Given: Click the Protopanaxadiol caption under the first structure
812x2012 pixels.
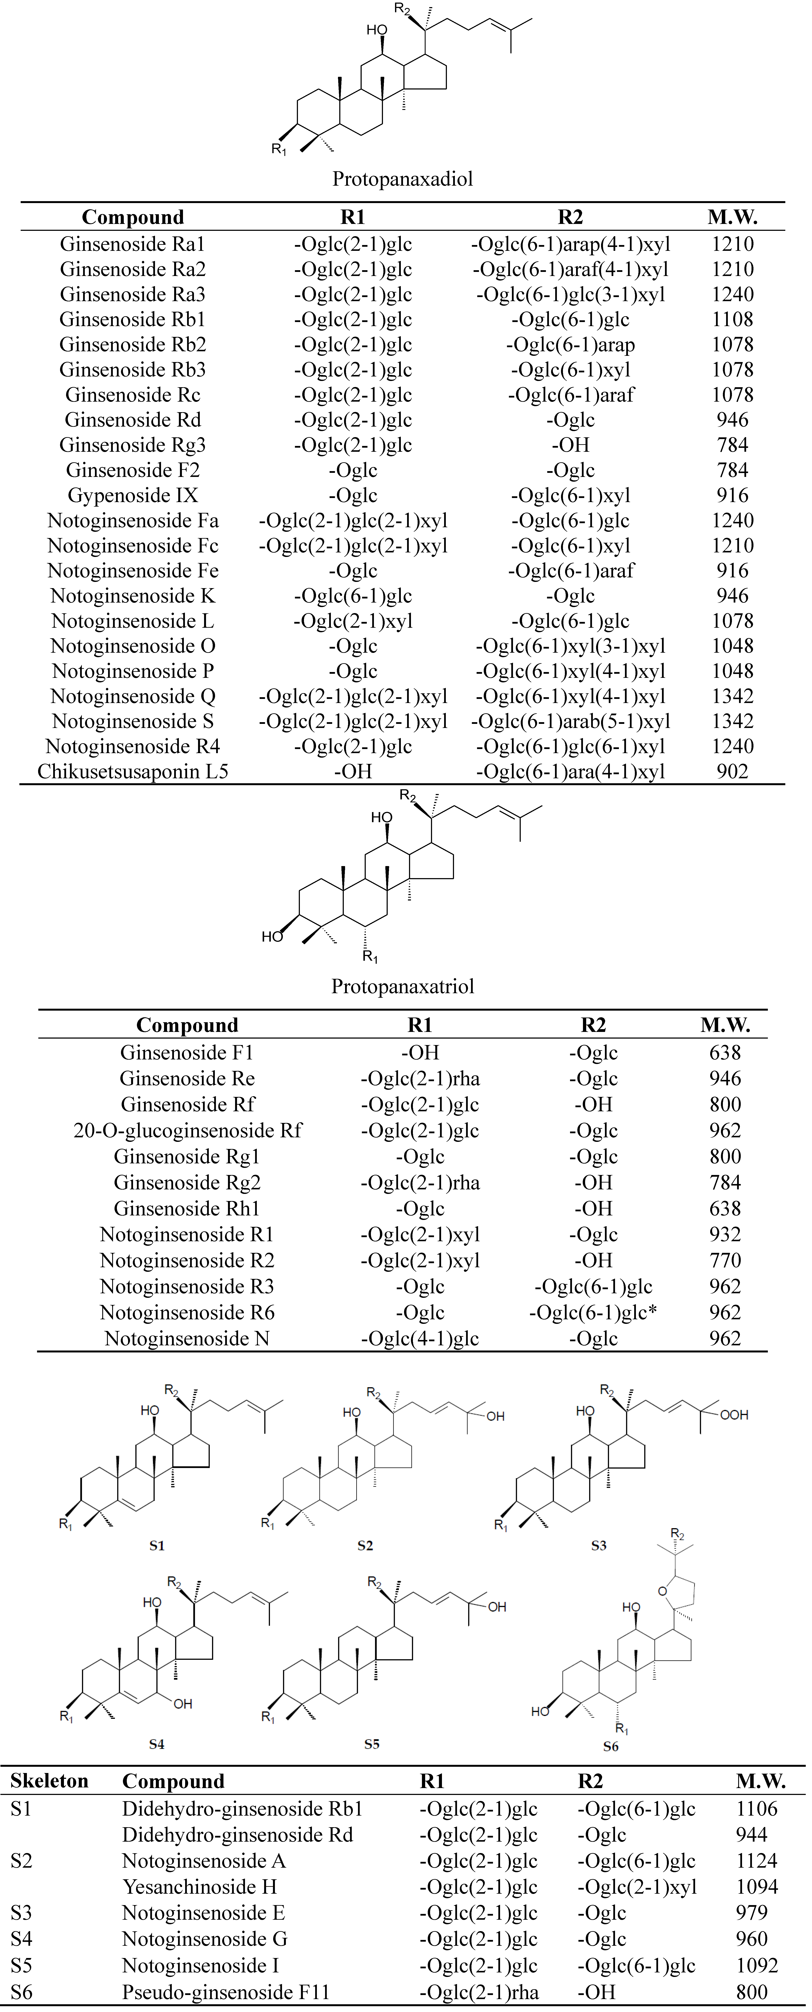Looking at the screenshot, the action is (x=403, y=179).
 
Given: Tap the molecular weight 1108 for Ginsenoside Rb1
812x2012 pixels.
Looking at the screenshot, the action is (x=732, y=319).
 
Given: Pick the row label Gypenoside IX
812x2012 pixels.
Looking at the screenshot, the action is (x=133, y=495).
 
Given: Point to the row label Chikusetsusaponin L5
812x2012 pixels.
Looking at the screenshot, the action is (x=133, y=772).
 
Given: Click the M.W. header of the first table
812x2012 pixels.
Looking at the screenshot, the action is (x=732, y=217).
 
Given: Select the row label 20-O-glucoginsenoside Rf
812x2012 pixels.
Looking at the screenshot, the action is (x=188, y=1130).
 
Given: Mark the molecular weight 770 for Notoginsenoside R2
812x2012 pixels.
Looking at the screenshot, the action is (x=724, y=1261).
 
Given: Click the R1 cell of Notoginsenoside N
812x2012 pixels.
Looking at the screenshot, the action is (x=420, y=1339).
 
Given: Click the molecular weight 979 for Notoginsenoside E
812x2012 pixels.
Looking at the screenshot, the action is (x=752, y=1913).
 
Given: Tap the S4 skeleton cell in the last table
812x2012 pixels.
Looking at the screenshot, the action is (x=22, y=1939).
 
